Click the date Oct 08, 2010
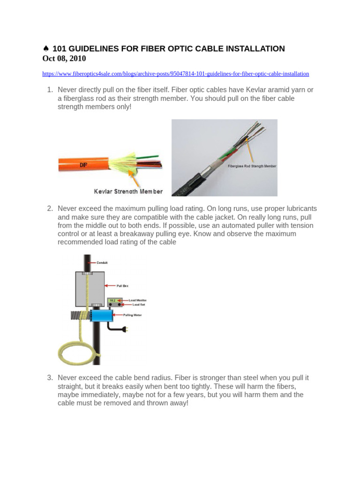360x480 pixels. tap(64, 59)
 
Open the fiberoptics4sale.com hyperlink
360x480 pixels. tap(175, 74)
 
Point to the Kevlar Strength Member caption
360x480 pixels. tap(128, 191)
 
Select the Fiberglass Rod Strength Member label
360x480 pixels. tap(252, 166)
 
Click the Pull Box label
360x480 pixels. tap(123, 285)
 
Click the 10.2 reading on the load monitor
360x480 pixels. tap(112, 300)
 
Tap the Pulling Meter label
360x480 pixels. tap(132, 315)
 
